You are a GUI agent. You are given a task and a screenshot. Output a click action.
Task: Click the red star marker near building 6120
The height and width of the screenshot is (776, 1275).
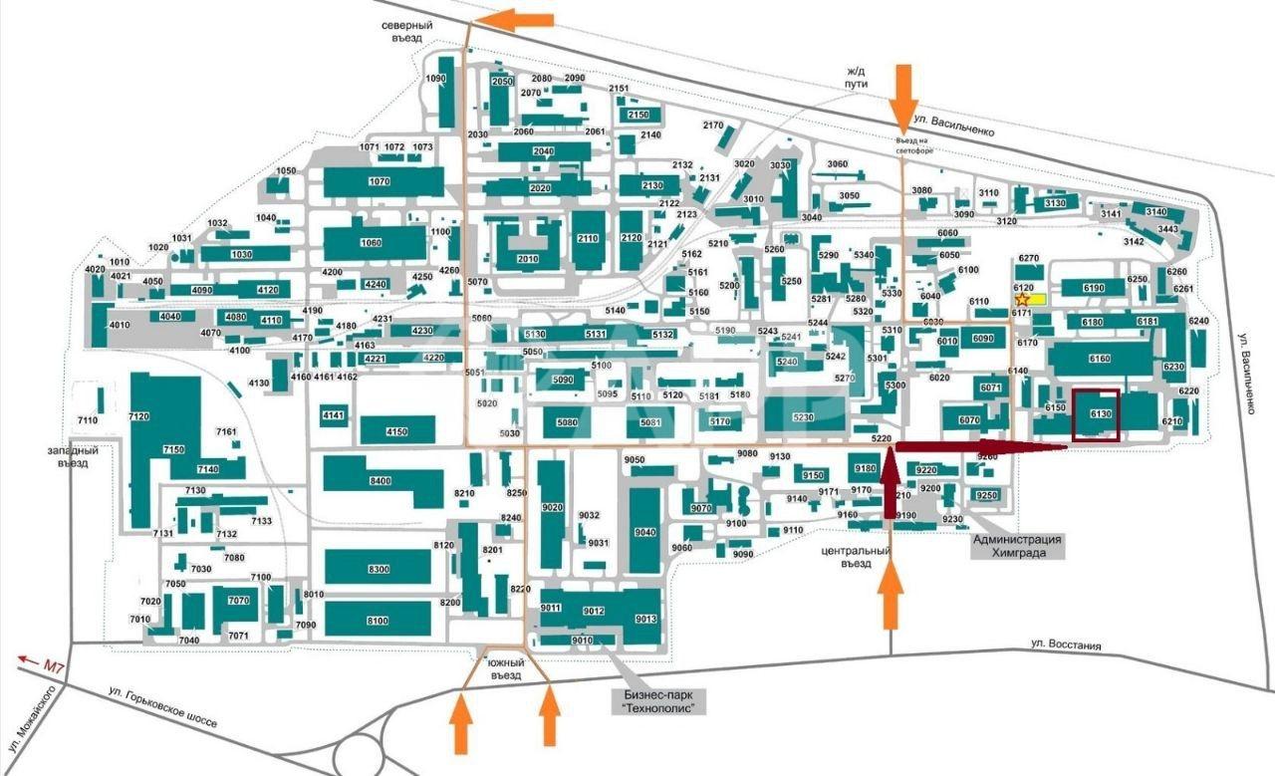point(1021,299)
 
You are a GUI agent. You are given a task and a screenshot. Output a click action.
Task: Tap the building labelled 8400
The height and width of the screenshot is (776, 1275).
point(380,480)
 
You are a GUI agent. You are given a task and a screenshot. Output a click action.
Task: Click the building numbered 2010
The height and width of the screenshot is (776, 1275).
point(527,259)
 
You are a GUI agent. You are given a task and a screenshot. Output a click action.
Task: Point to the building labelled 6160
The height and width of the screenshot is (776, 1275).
point(1100,358)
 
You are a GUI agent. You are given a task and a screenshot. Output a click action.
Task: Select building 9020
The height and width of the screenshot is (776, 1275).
point(552,508)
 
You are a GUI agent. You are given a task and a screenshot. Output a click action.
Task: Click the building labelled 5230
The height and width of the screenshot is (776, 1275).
point(803,417)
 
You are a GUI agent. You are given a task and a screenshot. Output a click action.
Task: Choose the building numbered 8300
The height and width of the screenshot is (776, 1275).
point(378,569)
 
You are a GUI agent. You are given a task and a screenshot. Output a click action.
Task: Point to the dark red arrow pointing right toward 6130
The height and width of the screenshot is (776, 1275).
point(982,447)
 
